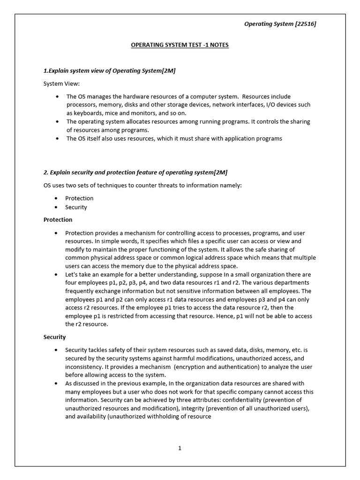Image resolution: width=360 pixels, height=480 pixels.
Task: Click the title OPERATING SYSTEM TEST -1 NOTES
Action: (180, 45)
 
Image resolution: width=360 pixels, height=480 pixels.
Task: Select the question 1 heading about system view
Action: (110, 70)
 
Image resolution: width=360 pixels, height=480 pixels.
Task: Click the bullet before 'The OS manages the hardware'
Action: (57, 97)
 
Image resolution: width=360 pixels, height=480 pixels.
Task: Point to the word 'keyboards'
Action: (89, 113)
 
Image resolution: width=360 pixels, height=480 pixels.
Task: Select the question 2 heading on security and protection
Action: (135, 172)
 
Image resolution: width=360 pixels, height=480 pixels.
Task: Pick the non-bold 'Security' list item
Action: (76, 207)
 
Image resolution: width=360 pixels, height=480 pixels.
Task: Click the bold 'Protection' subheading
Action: (58, 219)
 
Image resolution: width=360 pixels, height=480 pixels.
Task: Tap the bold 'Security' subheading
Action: (55, 337)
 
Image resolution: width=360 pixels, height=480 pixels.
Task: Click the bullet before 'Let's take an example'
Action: (57, 274)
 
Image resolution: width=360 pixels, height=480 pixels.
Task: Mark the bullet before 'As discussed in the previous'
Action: (57, 383)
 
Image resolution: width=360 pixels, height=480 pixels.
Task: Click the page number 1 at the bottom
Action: (180, 448)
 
